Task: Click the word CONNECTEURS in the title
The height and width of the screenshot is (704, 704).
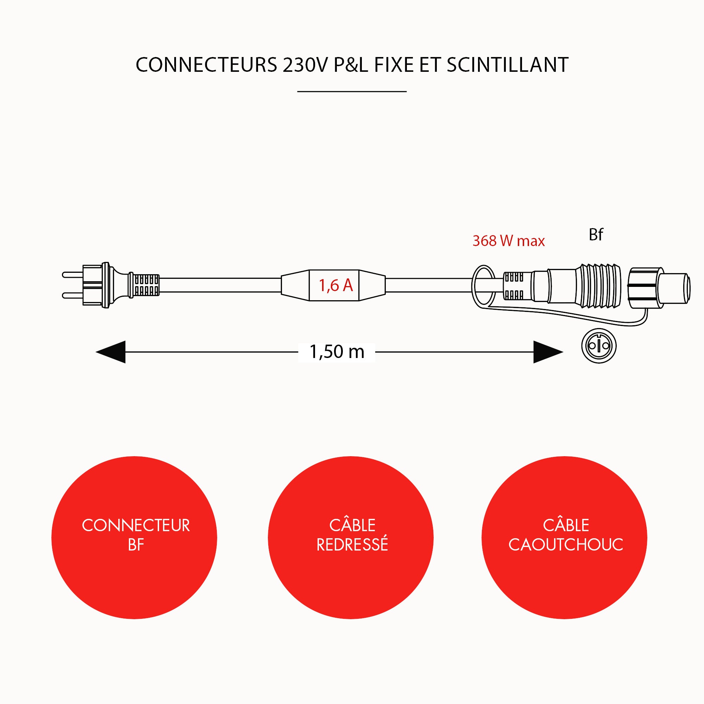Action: click(206, 65)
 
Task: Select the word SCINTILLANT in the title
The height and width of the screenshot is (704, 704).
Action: click(507, 65)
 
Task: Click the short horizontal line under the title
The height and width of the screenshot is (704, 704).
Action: click(352, 92)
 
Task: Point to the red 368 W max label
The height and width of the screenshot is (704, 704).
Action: click(508, 241)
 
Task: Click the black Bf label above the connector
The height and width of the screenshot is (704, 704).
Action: click(596, 235)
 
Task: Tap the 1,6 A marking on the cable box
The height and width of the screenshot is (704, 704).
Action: click(335, 285)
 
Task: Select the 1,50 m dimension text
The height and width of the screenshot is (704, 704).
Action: click(337, 352)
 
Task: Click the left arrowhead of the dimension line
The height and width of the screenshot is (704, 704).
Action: click(111, 352)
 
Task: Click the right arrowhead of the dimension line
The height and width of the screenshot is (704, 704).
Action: click(548, 352)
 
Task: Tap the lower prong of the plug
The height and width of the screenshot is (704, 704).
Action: click(73, 295)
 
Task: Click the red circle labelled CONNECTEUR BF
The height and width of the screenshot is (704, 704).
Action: click(134, 538)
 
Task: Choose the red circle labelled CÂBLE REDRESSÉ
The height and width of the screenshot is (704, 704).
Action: click(351, 538)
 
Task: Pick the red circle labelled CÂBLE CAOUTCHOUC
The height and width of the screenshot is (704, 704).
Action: click(564, 538)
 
